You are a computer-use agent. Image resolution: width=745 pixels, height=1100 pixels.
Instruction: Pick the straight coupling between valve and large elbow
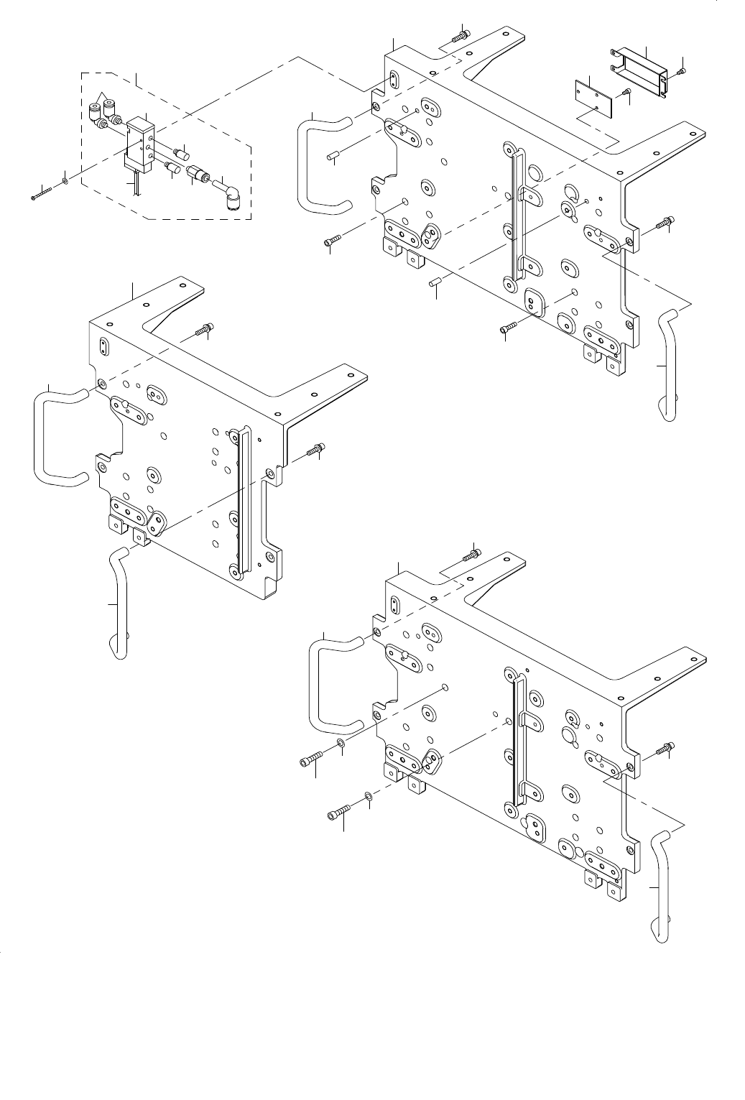tap(195, 174)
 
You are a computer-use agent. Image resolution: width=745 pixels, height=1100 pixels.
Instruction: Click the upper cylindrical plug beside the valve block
tap(181, 153)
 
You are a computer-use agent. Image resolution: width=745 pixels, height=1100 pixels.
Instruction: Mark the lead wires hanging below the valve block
tap(134, 185)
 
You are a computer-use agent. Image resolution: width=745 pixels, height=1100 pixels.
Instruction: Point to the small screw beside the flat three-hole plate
tap(626, 91)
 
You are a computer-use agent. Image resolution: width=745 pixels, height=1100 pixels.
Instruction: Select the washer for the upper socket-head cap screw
tap(340, 742)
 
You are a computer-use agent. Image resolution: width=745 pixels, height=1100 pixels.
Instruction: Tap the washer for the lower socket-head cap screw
tap(368, 795)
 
